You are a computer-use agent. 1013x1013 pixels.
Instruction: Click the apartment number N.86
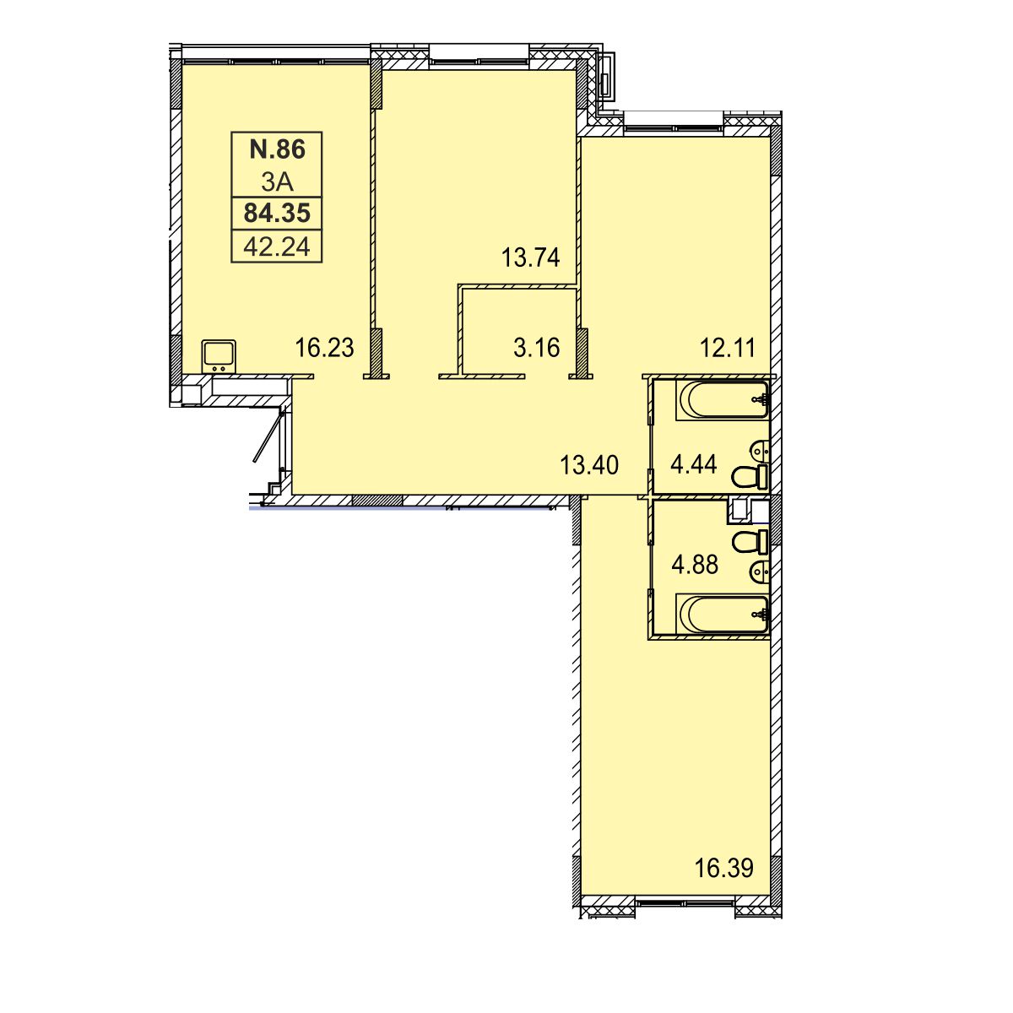point(277,149)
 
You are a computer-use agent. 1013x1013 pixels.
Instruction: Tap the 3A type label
point(277,181)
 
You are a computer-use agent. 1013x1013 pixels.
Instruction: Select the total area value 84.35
point(277,214)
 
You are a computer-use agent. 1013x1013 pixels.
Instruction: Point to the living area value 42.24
point(277,246)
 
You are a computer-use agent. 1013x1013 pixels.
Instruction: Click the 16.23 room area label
point(324,348)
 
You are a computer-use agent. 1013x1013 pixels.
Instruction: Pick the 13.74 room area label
point(530,257)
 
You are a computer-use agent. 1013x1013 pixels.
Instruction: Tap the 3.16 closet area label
point(536,348)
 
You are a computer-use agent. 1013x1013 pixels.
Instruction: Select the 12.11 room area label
point(728,348)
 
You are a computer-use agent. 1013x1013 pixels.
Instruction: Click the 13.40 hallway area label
point(589,465)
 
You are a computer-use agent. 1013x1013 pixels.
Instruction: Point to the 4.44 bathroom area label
point(693,464)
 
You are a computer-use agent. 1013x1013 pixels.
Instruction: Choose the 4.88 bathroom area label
point(695,565)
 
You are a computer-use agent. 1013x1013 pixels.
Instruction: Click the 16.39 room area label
point(723,868)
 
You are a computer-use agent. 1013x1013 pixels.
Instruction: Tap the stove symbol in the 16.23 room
point(219,357)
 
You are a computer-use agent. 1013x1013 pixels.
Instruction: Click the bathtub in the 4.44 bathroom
point(723,400)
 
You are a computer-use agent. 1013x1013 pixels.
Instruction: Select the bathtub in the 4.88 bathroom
point(723,614)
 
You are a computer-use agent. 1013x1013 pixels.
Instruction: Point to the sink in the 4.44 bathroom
point(759,450)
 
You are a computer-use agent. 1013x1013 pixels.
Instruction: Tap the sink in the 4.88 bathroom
point(759,569)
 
